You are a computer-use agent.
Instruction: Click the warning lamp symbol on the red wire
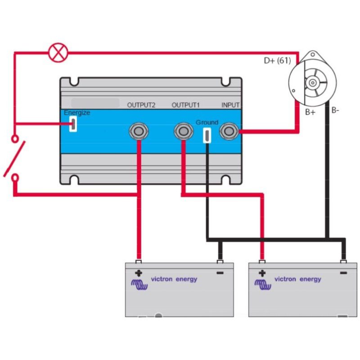click(58, 52)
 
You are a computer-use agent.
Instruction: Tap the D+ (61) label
click(277, 61)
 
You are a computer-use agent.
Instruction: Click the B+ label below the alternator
click(310, 112)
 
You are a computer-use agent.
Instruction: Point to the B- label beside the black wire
click(335, 110)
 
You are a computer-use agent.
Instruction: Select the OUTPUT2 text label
click(141, 105)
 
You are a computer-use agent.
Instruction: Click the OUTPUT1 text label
click(186, 105)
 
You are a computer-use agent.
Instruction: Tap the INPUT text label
click(230, 105)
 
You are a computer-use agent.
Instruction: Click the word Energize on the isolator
click(77, 113)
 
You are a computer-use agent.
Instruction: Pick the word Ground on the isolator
click(207, 122)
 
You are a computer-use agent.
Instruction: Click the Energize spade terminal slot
click(73, 124)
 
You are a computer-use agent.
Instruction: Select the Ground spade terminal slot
click(207, 135)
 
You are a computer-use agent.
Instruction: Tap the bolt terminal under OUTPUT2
click(139, 131)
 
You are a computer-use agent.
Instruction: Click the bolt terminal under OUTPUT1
click(184, 131)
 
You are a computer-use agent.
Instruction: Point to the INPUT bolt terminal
click(229, 131)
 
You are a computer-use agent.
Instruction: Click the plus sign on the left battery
click(139, 273)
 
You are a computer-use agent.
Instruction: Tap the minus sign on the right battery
click(343, 273)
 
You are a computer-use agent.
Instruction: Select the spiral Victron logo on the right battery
click(263, 284)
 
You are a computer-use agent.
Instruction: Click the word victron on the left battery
click(162, 279)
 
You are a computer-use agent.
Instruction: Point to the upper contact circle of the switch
click(15, 139)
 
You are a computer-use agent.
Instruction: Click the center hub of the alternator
click(312, 83)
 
